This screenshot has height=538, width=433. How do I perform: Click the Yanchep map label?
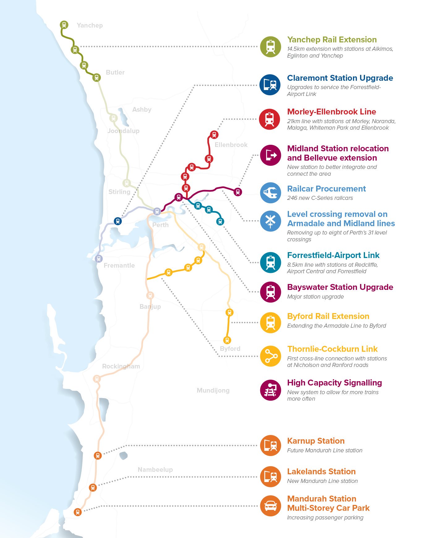click(90, 25)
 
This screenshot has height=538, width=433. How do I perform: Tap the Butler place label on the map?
click(115, 72)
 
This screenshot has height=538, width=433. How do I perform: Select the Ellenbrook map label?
click(231, 145)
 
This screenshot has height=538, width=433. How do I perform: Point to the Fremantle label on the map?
click(119, 265)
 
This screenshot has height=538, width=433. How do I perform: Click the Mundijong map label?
click(213, 390)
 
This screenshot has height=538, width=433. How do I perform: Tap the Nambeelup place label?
click(155, 470)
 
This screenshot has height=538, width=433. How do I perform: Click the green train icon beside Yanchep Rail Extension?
click(270, 47)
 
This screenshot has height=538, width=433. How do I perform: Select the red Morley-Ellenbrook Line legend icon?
click(270, 119)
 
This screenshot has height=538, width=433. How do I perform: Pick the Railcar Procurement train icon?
click(270, 192)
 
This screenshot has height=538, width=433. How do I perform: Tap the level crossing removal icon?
click(270, 221)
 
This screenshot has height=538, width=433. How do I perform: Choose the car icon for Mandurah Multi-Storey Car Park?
click(270, 506)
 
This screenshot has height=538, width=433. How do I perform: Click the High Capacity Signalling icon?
click(270, 390)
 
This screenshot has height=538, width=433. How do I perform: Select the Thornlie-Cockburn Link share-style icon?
click(270, 356)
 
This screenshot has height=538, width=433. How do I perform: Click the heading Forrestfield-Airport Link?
click(333, 255)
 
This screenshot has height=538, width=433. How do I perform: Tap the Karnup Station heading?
click(316, 441)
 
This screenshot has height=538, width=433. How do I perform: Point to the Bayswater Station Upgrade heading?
click(340, 287)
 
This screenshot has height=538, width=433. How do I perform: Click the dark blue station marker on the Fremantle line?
click(118, 221)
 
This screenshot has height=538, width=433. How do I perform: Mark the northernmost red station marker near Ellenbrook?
click(214, 135)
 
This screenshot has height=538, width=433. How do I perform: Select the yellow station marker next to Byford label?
click(227, 340)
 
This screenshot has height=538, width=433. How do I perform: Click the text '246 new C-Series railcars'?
click(320, 198)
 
